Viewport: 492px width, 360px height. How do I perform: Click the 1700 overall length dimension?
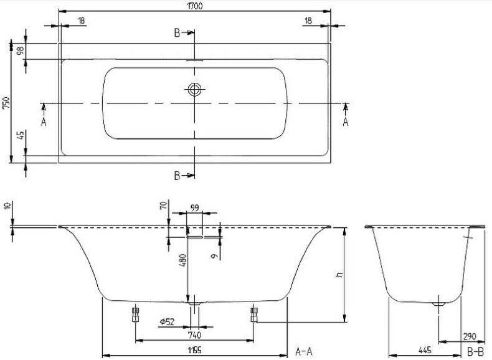point(194,6)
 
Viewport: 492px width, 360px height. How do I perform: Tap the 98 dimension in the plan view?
point(21,52)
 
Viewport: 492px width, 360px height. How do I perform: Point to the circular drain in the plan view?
point(194,90)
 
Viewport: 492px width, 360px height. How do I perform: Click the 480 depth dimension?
point(182,260)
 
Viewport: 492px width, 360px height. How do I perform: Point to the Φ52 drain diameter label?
point(166,321)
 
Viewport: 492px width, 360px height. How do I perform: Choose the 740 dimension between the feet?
point(194,334)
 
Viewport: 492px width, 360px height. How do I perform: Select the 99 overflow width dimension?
point(194,209)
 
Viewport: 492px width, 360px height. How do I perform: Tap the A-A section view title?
point(303,352)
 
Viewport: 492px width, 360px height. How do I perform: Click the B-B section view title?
point(475,352)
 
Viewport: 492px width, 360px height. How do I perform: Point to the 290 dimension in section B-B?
point(470,336)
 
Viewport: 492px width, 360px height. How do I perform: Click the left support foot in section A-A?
point(135,313)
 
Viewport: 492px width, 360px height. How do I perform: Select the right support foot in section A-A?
point(253,313)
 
